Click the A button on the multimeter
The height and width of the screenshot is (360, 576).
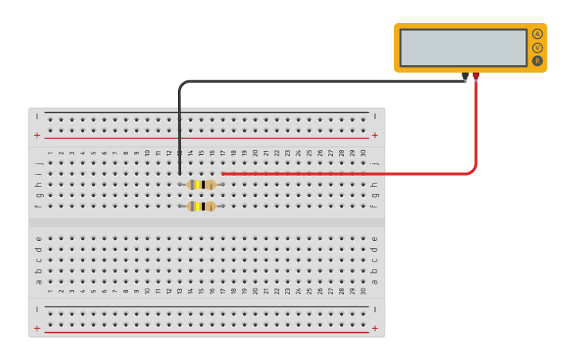[537, 34]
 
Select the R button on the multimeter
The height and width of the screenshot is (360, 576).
[537, 60]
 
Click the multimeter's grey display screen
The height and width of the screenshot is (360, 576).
[463, 48]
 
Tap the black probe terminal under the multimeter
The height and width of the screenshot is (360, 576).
[465, 76]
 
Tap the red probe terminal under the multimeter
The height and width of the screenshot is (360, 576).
[476, 76]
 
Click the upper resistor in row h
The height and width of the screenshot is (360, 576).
[201, 184]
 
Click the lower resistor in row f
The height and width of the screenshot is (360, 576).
[201, 207]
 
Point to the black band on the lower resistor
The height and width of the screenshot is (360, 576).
[203, 207]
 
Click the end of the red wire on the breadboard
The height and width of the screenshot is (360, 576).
[223, 173]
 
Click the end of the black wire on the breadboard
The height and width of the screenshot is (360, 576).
[180, 173]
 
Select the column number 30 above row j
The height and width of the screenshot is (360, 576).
[363, 153]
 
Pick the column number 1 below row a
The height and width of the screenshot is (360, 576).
[49, 291]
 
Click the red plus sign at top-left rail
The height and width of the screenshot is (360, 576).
[37, 135]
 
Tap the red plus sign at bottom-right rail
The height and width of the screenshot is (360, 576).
[374, 327]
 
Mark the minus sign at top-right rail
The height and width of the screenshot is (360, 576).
[374, 116]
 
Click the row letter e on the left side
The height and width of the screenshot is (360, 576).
[38, 238]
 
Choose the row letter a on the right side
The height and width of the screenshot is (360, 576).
[374, 281]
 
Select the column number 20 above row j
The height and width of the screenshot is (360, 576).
[255, 153]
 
